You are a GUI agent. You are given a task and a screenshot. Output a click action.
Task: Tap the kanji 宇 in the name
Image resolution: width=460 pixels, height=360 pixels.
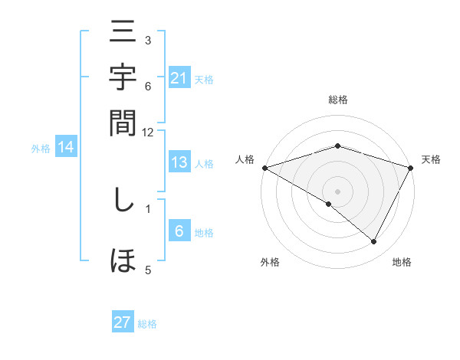pyautogui.click(x=123, y=79)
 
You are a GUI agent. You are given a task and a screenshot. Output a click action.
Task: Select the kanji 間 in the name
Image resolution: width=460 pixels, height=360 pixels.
pyautogui.click(x=123, y=123)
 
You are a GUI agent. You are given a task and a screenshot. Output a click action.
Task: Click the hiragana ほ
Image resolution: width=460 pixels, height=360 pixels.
pyautogui.click(x=123, y=260)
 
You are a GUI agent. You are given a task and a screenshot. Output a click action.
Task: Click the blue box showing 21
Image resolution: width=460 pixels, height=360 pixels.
pyautogui.click(x=179, y=78)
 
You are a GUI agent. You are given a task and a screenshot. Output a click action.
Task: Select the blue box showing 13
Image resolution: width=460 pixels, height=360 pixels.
pyautogui.click(x=179, y=162)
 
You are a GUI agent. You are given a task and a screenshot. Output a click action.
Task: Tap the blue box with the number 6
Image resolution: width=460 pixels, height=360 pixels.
pyautogui.click(x=179, y=232)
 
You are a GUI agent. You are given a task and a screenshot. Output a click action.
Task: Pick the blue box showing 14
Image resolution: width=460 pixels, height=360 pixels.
pyautogui.click(x=65, y=148)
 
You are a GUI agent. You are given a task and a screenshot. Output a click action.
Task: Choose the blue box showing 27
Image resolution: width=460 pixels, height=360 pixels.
pyautogui.click(x=123, y=322)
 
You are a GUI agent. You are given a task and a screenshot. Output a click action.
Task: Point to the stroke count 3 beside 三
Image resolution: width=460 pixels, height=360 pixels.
pyautogui.click(x=147, y=40)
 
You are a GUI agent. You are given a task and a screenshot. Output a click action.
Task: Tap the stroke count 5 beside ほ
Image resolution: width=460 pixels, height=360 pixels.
pyautogui.click(x=147, y=269)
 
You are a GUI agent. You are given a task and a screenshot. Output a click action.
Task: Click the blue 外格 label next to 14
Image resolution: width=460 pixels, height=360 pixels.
pyautogui.click(x=41, y=149)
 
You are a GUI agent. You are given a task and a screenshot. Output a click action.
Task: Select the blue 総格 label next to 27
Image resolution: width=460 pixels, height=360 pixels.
pyautogui.click(x=147, y=324)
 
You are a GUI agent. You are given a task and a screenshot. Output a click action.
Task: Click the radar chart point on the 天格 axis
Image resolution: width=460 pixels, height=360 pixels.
pyautogui.click(x=411, y=168)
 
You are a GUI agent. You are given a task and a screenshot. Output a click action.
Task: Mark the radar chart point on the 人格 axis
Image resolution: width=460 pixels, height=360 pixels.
pyautogui.click(x=264, y=168)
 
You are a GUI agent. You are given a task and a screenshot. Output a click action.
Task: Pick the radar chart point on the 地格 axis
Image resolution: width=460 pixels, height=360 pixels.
pyautogui.click(x=374, y=242)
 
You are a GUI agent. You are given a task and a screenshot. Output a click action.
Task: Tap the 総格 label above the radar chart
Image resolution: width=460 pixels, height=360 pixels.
pyautogui.click(x=338, y=100)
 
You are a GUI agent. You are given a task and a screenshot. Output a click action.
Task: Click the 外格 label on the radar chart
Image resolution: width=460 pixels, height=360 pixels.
pyautogui.click(x=270, y=262)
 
